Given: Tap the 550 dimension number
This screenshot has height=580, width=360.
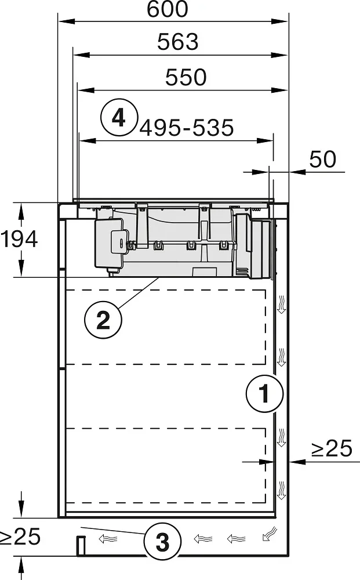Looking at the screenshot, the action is [x=186, y=77].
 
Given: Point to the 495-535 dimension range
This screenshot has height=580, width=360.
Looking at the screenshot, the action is [x=187, y=128].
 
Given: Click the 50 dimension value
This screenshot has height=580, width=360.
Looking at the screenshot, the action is [x=323, y=159].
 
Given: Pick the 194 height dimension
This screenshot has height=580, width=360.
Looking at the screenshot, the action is [x=19, y=239].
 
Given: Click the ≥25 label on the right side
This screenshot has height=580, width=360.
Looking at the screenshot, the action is [x=332, y=449].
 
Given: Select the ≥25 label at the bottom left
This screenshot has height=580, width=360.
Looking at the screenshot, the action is [x=20, y=536].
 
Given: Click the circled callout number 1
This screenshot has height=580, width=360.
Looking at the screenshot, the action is [x=265, y=394].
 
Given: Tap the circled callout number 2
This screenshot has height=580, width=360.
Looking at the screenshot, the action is [x=103, y=320].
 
